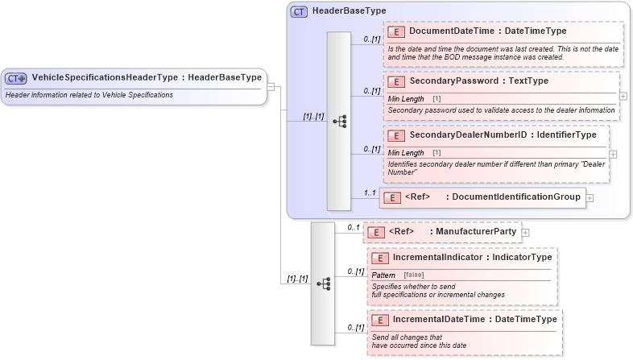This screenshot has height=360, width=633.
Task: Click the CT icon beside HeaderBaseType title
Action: (299, 11)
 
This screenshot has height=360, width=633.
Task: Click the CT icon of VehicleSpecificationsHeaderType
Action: (16, 78)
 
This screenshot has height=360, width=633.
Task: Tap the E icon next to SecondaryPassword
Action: (395, 82)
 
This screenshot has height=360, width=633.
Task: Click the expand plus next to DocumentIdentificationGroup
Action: (590, 197)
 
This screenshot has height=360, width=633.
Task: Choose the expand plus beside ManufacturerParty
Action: (526, 233)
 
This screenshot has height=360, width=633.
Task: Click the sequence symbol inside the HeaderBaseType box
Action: (339, 122)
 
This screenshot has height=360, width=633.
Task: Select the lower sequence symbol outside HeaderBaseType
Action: (323, 284)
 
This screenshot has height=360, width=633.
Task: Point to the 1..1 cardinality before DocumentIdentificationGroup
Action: (370, 193)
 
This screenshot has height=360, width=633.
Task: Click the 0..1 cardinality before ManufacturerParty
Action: (354, 228)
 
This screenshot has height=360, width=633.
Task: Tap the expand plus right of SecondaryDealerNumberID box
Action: (614, 154)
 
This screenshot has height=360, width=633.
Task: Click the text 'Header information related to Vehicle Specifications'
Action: (89, 95)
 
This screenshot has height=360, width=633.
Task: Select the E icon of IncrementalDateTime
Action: (379, 321)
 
